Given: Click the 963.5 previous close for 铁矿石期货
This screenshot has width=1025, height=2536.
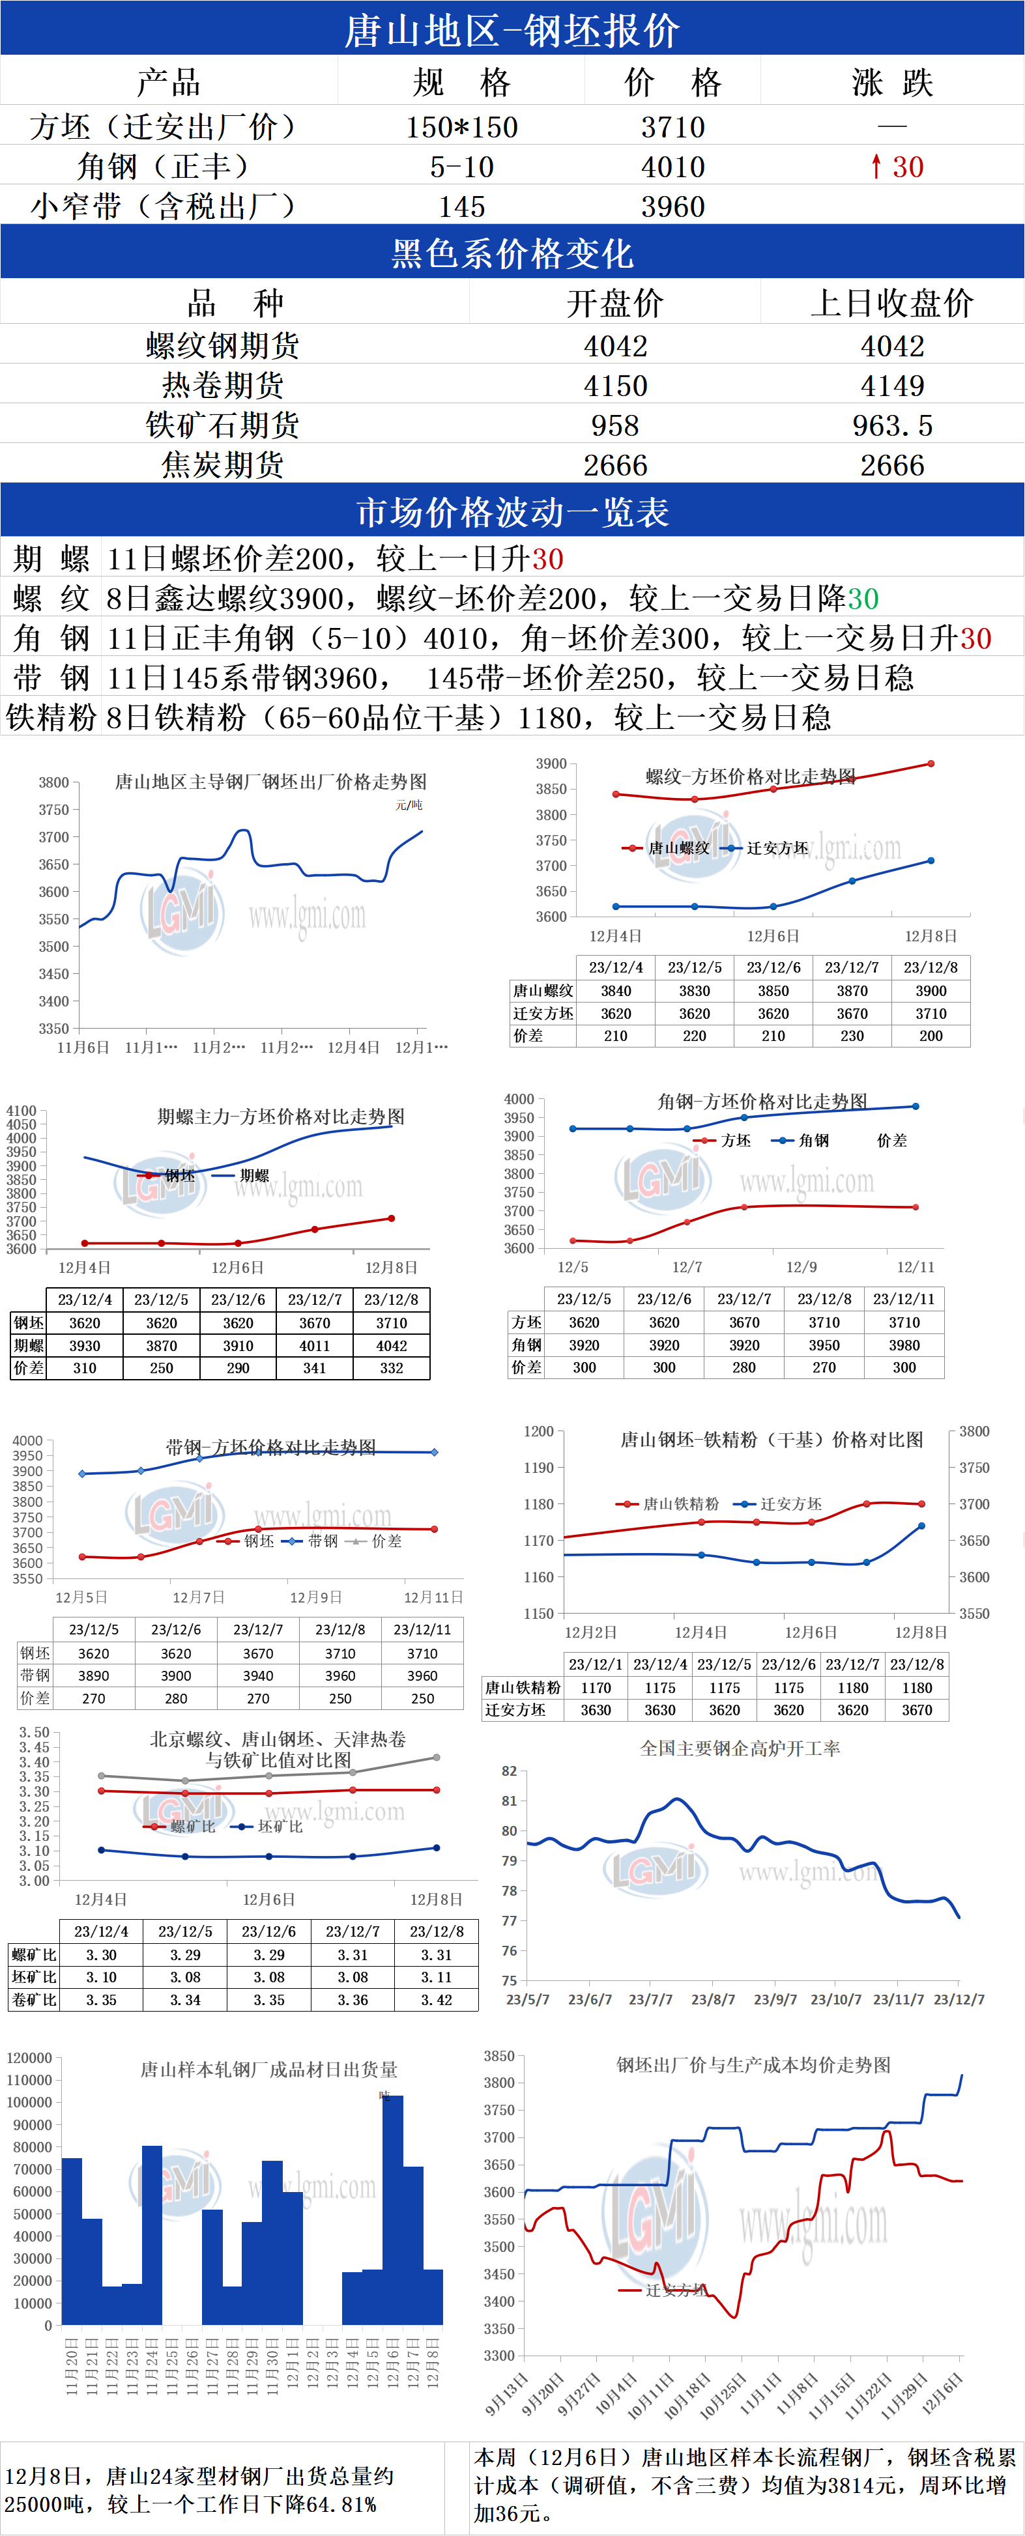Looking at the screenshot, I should [x=892, y=425].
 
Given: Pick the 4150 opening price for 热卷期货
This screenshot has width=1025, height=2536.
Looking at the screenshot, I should [x=615, y=386].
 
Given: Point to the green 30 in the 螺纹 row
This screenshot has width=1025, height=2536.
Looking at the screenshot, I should [x=863, y=599].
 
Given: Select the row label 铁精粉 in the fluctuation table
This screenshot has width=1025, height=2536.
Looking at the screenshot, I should [x=51, y=718].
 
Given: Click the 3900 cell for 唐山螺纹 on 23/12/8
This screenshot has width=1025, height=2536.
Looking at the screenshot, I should [x=931, y=990].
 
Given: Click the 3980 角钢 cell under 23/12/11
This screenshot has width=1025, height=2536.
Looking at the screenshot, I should [x=904, y=1345].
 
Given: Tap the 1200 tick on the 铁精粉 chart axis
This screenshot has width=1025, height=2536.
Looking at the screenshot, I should [x=539, y=1431].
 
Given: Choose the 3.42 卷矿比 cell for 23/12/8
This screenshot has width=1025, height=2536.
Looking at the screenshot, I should [x=436, y=2001].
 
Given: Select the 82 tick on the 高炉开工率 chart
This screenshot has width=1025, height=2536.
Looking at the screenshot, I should [x=509, y=1771].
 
